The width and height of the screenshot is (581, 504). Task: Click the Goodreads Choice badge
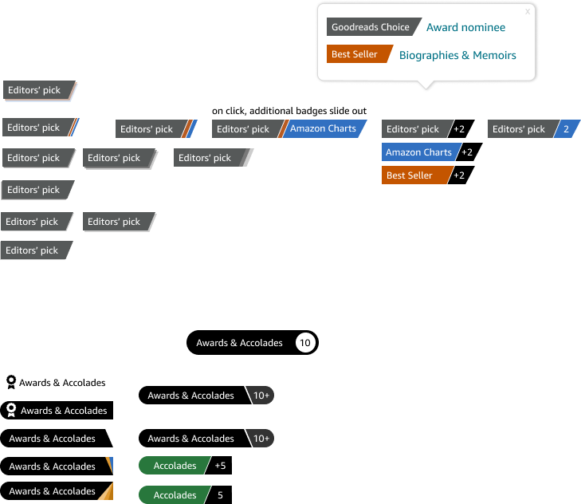(x=372, y=27)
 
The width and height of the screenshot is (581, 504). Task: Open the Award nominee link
(x=465, y=27)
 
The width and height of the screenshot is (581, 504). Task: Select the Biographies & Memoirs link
(x=457, y=55)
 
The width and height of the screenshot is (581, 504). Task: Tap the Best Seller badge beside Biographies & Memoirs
(x=359, y=54)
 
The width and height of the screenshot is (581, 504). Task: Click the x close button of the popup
(x=528, y=11)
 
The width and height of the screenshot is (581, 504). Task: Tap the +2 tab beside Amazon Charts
(x=468, y=152)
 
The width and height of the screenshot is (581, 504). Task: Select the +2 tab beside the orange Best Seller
(x=460, y=175)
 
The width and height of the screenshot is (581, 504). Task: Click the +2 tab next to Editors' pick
(x=460, y=129)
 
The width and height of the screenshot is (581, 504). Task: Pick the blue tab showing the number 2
(x=567, y=129)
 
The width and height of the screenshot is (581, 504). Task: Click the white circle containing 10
(x=305, y=343)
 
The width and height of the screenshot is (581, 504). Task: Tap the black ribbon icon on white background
(x=11, y=382)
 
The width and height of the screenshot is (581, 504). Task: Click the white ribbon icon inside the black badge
(x=11, y=410)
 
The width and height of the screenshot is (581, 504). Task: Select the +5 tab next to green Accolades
(x=219, y=466)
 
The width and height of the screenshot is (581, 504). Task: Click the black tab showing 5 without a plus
(x=219, y=494)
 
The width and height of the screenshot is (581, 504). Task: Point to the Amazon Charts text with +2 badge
(x=418, y=152)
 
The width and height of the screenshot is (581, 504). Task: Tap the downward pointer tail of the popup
(x=426, y=85)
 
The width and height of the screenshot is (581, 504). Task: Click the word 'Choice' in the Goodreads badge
(x=395, y=27)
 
